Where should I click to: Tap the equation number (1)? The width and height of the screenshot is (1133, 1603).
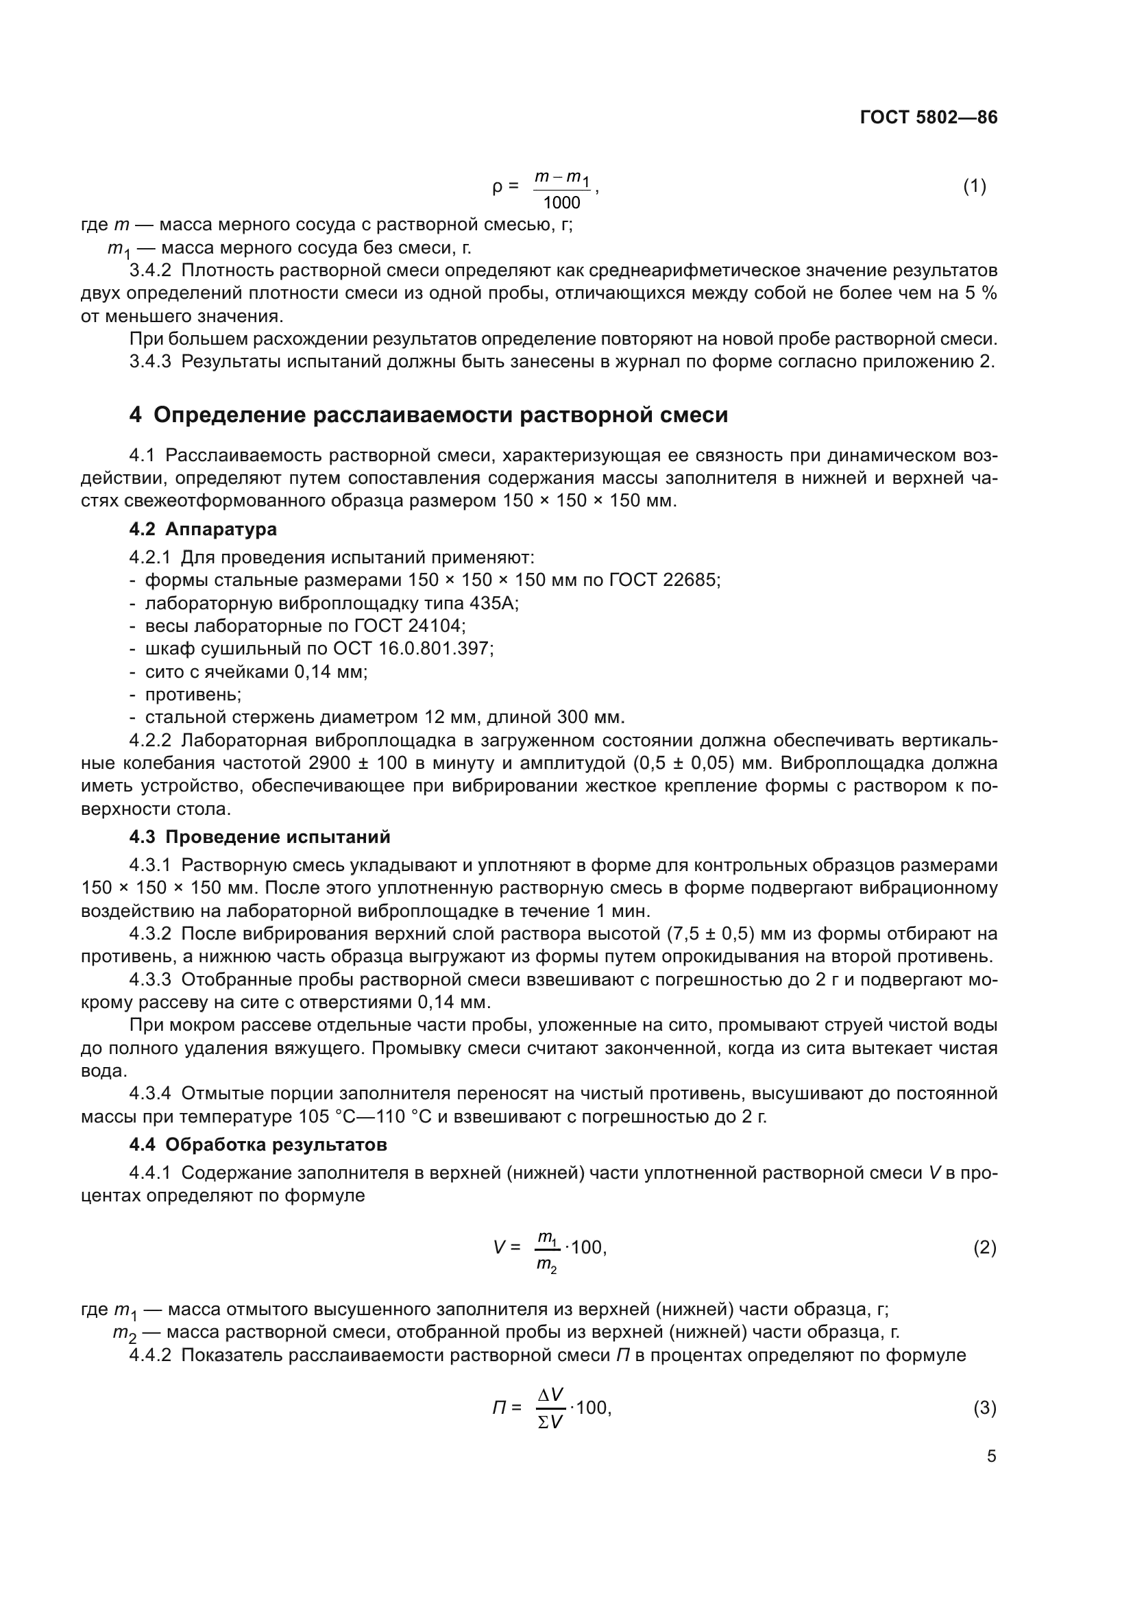point(975,186)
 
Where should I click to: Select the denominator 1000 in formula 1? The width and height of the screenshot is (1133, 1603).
point(561,203)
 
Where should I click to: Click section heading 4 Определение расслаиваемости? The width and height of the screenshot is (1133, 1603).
point(428,415)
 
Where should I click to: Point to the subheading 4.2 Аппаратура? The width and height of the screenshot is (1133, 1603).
point(202,529)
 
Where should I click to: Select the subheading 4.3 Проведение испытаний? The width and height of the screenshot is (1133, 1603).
point(259,837)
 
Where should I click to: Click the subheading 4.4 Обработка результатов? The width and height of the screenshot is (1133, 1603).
point(258,1145)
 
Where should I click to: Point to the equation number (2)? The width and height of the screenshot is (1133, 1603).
point(984,1248)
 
